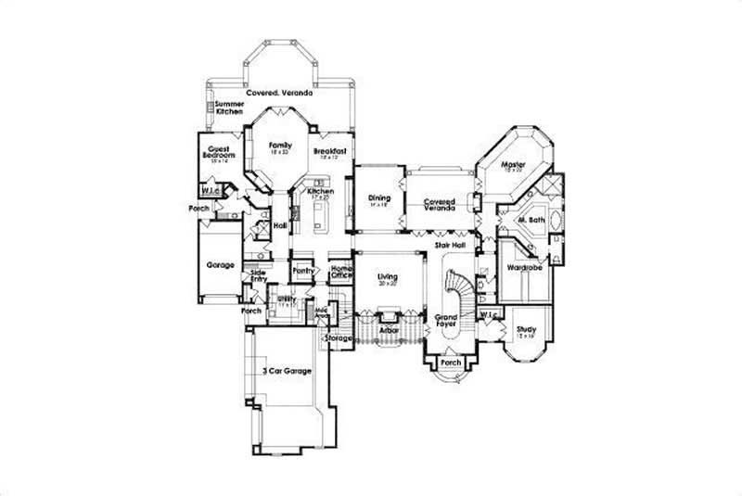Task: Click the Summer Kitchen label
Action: (x=229, y=108)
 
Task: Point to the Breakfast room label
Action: (x=329, y=152)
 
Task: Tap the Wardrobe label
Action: (x=524, y=268)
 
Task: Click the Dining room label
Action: (x=379, y=199)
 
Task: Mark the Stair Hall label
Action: (x=450, y=246)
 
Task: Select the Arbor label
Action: (x=389, y=328)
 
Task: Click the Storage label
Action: (x=338, y=338)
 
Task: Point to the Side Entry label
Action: (x=257, y=275)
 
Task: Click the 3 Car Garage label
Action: (x=286, y=371)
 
